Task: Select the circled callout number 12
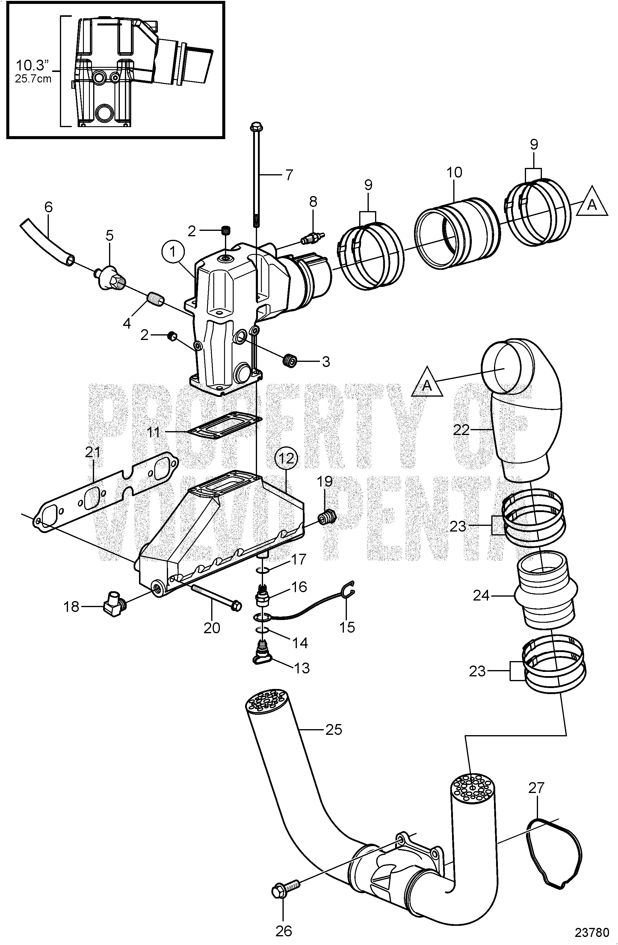click(x=286, y=458)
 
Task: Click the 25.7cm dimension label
click(x=33, y=78)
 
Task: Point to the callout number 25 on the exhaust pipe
click(x=333, y=729)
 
